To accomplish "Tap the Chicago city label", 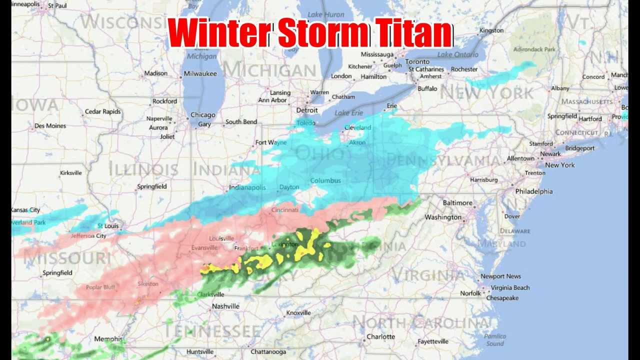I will (203, 115).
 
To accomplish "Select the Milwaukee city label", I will (200, 73).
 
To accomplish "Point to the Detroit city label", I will (307, 110).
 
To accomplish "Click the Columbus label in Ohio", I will (325, 180).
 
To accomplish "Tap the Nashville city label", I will (225, 306).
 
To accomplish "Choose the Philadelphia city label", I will (534, 191).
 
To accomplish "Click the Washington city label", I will (443, 217).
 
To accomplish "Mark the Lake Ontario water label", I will (458, 54).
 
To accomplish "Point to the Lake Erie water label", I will (349, 113).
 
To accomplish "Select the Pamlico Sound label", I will (495, 340).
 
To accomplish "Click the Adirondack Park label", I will (535, 49).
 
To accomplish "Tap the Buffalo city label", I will (427, 88).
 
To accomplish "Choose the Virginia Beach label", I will (510, 287).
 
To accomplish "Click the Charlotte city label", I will (380, 336).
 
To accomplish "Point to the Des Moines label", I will (50, 126).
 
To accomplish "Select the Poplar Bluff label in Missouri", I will (100, 287).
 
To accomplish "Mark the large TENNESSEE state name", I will (213, 330).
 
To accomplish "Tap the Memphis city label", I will (108, 339).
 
